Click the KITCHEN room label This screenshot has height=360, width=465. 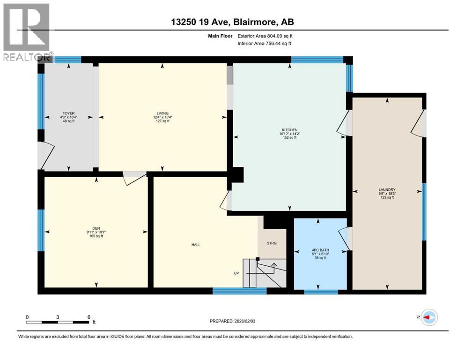point(289,130)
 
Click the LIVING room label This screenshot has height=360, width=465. point(162,113)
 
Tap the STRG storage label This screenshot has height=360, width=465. point(273,243)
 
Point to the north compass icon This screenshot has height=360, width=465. point(429,318)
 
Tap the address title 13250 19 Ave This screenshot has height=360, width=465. point(232,22)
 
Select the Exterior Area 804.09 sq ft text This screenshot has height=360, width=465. point(266,36)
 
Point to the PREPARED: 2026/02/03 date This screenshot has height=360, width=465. point(236,322)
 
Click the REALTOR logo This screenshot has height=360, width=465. point(26,33)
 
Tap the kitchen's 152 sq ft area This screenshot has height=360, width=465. point(289,138)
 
